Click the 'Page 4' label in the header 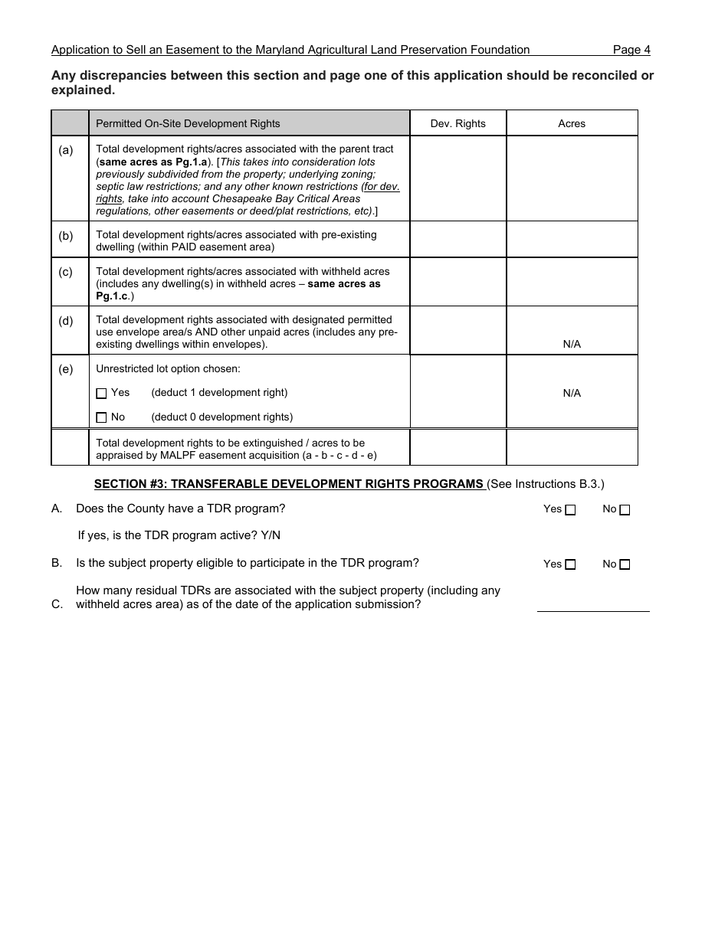[x=631, y=50]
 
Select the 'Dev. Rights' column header [x=457, y=123]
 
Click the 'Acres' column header [x=572, y=123]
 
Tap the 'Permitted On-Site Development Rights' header [x=188, y=123]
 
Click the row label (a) [x=66, y=150]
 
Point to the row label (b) [x=66, y=236]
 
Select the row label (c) [x=66, y=272]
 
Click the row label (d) [x=66, y=321]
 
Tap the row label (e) [x=66, y=370]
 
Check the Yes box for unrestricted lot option [x=101, y=394]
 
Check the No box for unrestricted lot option [x=101, y=418]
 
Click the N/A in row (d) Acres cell [x=572, y=345]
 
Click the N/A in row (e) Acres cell [x=572, y=394]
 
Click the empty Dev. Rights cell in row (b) [x=457, y=240]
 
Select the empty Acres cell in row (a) [x=572, y=178]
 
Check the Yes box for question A [x=570, y=510]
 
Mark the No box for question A [x=625, y=510]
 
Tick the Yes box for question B [x=570, y=565]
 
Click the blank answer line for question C [x=593, y=604]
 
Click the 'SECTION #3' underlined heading [x=289, y=484]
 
